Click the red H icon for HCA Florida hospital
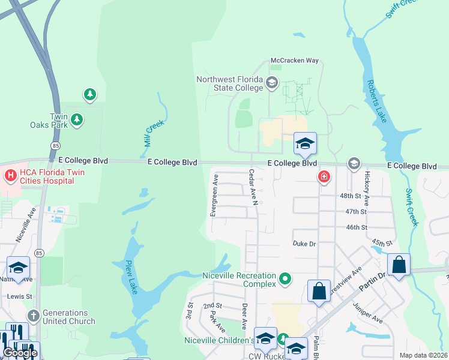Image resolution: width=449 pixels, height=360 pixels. click(10, 175)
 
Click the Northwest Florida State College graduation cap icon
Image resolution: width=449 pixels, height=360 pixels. click(272, 83)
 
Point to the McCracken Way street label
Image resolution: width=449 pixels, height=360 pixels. click(294, 61)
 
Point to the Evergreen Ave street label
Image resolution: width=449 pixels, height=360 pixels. click(214, 196)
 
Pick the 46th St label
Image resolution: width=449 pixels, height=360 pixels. click(373, 227)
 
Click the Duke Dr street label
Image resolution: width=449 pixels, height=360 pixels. click(304, 244)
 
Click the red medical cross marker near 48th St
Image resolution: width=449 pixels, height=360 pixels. click(324, 176)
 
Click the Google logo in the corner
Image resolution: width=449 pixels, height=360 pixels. click(20, 353)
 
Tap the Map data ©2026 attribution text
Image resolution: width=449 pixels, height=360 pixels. click(423, 355)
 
